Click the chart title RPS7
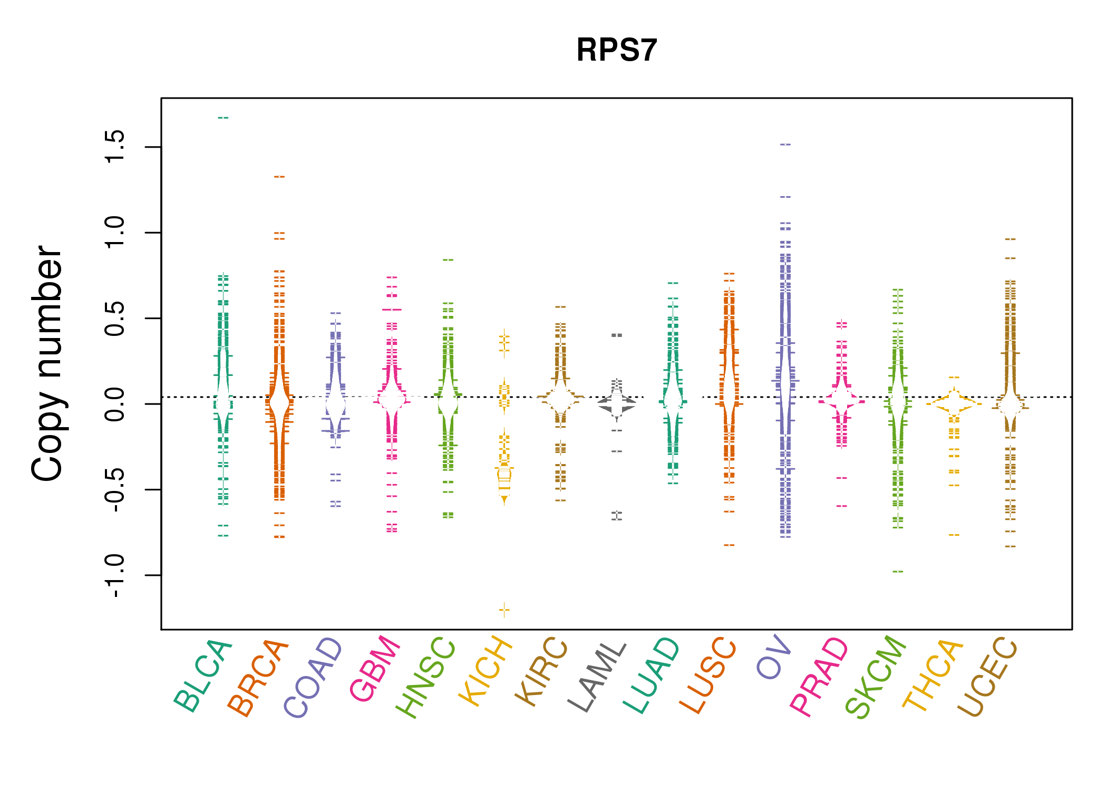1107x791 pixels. point(616,50)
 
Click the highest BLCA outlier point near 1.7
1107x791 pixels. point(224,118)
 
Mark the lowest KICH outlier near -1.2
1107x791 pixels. point(504,610)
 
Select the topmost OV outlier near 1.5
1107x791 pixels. point(785,144)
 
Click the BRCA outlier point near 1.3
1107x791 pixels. point(279,177)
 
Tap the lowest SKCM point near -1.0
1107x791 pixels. point(898,572)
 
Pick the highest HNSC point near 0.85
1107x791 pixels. point(448,259)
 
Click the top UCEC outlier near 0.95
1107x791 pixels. point(1010,239)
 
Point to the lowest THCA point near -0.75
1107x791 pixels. point(954,535)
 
